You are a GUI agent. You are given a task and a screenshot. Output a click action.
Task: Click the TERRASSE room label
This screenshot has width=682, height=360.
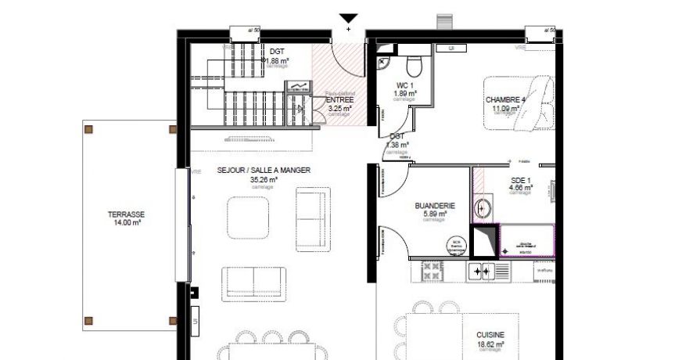[126, 214]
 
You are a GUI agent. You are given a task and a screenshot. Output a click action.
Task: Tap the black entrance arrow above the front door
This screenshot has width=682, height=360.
[349, 19]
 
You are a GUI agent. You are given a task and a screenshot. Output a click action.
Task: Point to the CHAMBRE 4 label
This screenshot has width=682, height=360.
[505, 100]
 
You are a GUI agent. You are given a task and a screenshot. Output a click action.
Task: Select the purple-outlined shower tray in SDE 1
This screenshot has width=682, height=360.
[526, 241]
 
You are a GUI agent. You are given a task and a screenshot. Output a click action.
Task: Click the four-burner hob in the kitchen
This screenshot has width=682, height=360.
[433, 272]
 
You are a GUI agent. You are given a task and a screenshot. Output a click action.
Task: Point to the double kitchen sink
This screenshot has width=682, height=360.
[478, 272]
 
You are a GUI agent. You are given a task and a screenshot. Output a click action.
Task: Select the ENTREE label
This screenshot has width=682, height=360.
[339, 100]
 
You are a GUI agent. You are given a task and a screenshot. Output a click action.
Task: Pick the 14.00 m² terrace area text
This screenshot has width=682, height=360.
[126, 223]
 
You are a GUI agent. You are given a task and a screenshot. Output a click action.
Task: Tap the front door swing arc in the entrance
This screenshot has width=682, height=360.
[344, 63]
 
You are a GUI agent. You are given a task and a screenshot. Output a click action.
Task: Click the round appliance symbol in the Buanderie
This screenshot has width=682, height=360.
[456, 244]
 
